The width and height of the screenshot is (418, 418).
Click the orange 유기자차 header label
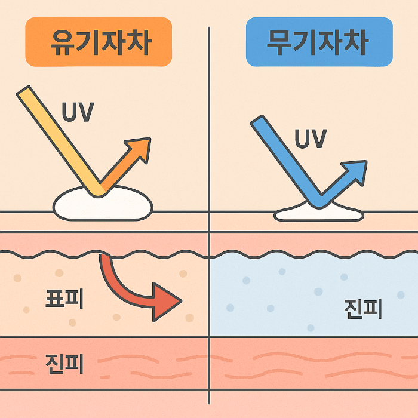pyautogui.click(x=99, y=42)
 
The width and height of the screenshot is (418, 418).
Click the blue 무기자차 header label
pyautogui.click(x=319, y=42)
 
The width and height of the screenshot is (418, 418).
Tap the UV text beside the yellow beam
pyautogui.click(x=77, y=112)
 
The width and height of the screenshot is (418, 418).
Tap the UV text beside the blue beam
pyautogui.click(x=311, y=139)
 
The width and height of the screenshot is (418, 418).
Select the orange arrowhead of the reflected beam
pyautogui.click(x=140, y=149)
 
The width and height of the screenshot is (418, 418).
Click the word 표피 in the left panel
pyautogui.click(x=64, y=299)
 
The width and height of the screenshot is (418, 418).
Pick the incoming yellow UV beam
pyautogui.click(x=60, y=140)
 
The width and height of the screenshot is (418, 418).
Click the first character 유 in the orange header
pyautogui.click(x=60, y=42)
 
